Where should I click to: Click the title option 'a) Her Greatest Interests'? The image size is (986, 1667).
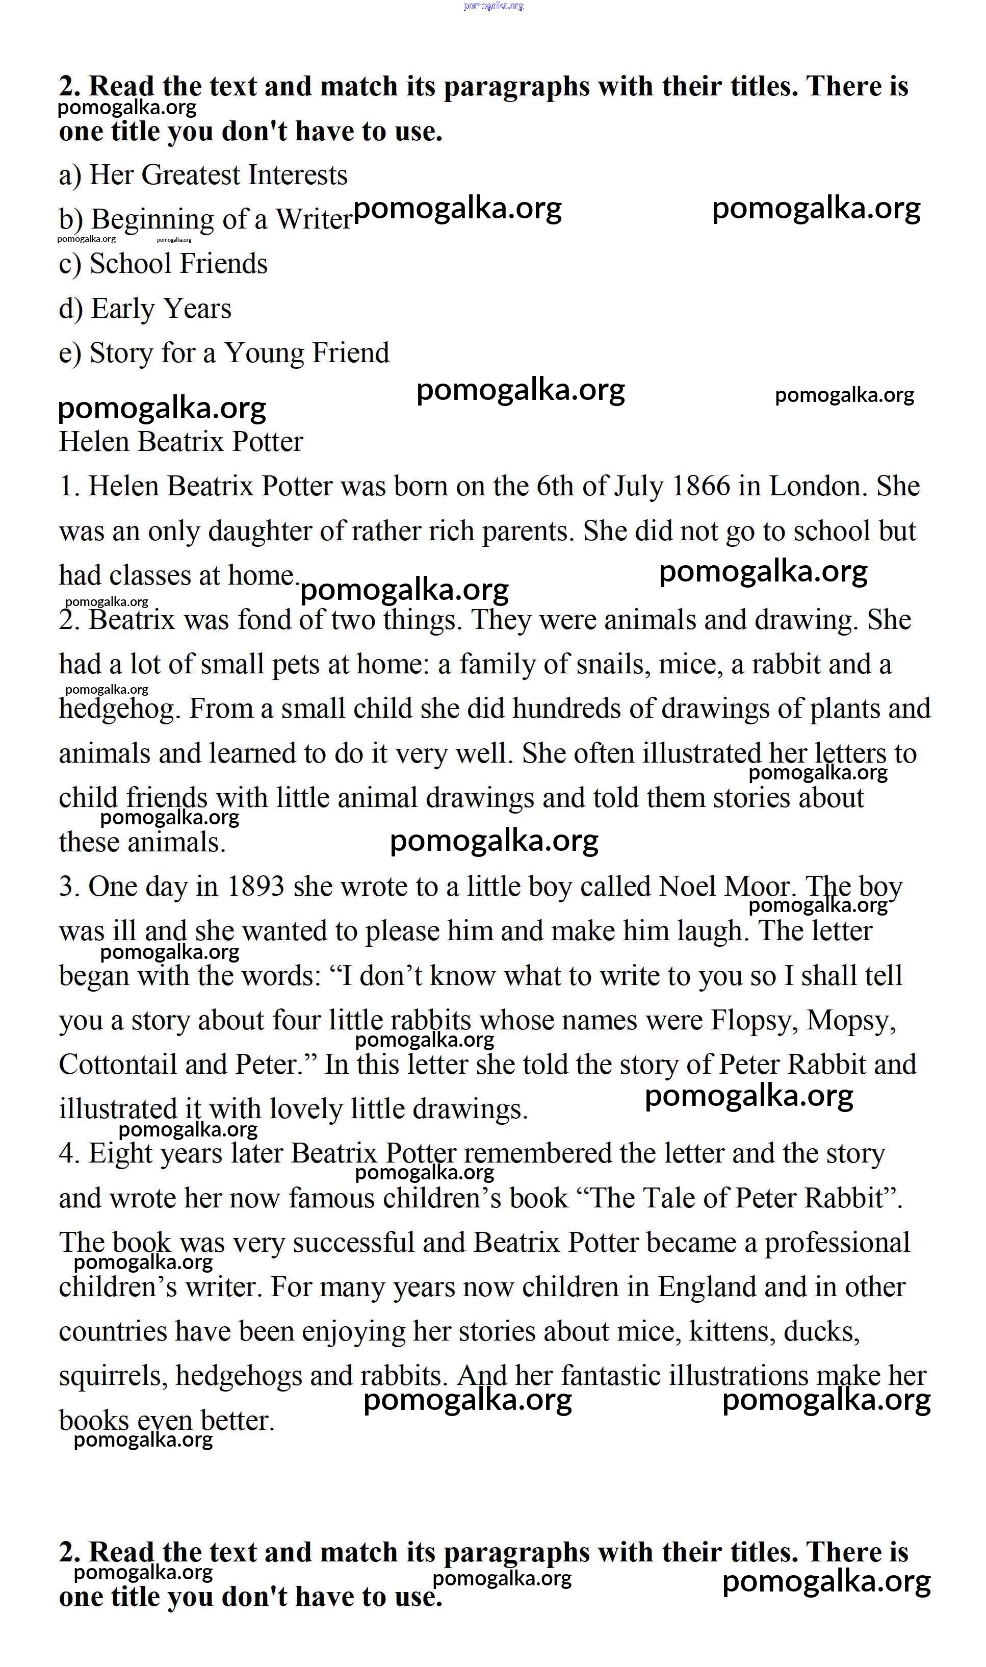tap(202, 175)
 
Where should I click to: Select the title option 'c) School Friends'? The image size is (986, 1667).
tap(163, 264)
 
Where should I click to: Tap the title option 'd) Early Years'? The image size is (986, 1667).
tap(145, 309)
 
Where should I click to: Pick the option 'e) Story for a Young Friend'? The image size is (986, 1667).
tap(224, 353)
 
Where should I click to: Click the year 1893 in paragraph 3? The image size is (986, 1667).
tap(256, 887)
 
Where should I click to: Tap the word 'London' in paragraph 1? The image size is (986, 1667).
tap(818, 487)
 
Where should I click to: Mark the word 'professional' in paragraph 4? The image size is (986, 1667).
tap(837, 1242)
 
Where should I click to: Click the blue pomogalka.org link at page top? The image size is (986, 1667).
tap(493, 6)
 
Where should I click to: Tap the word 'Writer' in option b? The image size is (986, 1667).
tap(314, 219)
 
